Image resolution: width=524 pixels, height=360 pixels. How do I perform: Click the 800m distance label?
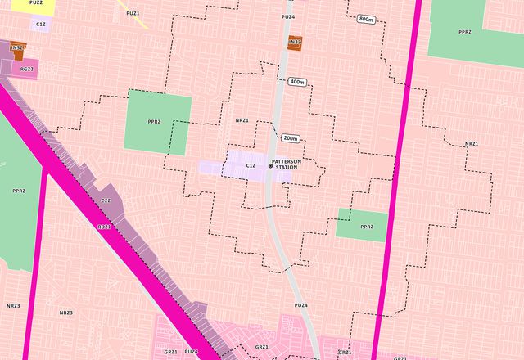[366, 19]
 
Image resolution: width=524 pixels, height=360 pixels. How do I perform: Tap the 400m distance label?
[296, 82]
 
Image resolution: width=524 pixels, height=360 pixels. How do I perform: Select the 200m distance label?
[291, 138]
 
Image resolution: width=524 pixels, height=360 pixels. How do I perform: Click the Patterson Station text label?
[287, 164]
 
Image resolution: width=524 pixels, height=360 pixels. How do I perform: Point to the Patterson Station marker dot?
[270, 166]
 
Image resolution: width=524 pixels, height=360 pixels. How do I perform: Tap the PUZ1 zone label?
[133, 13]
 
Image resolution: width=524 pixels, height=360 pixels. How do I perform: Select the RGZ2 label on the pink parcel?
[27, 70]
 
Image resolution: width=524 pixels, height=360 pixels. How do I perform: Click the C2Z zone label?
[106, 200]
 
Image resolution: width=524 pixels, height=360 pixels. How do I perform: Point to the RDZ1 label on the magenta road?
[104, 227]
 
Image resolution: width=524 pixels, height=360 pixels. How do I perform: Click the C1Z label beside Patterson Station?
[251, 166]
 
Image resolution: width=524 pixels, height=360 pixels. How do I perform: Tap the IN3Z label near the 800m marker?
[295, 42]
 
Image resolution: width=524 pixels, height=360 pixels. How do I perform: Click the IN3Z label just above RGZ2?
[17, 48]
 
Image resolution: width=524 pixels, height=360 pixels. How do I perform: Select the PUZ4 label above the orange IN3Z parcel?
[288, 16]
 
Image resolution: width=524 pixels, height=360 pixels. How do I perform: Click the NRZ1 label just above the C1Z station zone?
[242, 120]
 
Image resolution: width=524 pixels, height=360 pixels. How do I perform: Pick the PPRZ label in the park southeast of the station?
[366, 227]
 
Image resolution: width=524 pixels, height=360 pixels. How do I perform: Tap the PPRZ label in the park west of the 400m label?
[154, 122]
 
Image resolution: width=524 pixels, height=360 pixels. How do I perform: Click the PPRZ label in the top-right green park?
[465, 32]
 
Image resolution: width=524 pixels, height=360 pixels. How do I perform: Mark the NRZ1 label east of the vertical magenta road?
[472, 144]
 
